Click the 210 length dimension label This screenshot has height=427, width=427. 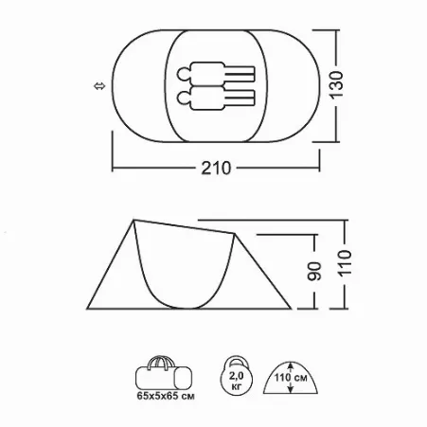point(216,169)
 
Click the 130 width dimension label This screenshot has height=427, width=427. point(337,85)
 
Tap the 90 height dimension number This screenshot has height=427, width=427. point(314,271)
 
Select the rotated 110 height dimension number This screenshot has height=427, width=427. point(345,263)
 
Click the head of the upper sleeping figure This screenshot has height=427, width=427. point(184,75)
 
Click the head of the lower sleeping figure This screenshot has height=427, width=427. point(184,98)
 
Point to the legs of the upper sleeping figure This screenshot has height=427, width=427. point(240,74)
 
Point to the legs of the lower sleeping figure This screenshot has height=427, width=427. point(240,98)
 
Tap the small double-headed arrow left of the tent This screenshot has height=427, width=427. point(99,86)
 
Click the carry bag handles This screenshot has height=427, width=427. point(161,362)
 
